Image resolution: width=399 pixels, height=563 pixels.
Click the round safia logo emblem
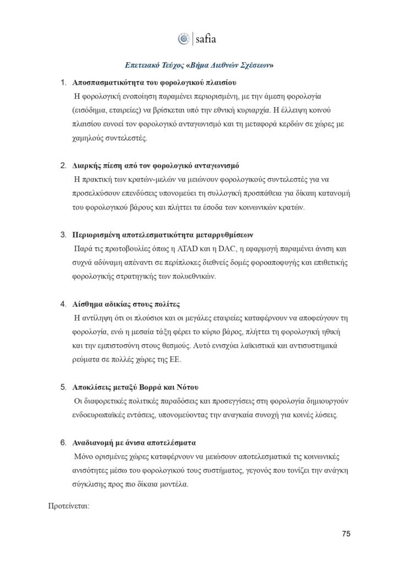[184, 38]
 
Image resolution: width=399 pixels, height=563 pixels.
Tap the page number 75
[346, 533]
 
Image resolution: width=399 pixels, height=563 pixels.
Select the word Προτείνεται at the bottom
[69, 501]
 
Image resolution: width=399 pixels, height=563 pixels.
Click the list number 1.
[62, 82]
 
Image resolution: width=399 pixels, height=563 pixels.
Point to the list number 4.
[62, 304]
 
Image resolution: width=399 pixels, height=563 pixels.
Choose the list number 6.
[62, 442]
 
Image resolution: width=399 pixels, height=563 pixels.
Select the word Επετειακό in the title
[144, 64]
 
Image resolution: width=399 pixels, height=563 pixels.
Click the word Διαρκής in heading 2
[88, 165]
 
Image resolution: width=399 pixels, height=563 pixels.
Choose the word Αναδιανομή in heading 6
[95, 442]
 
